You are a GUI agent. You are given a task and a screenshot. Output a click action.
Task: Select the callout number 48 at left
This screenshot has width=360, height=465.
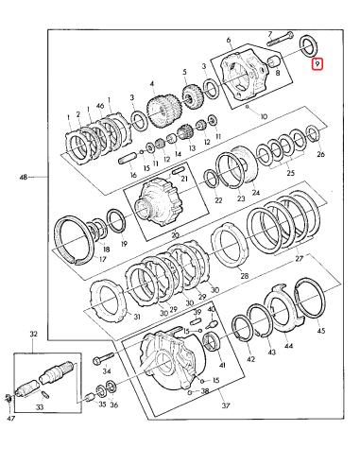tap(22, 177)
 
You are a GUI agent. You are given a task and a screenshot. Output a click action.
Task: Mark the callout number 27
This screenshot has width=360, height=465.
tap(301, 256)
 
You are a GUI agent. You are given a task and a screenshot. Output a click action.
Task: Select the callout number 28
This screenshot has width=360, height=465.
tap(244, 276)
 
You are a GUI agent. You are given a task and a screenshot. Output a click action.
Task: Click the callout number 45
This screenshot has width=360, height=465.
tap(320, 332)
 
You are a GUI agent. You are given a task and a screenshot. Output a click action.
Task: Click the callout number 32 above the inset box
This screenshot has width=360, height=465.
tap(34, 334)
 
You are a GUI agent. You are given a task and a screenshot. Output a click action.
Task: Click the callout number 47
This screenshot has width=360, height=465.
tap(10, 416)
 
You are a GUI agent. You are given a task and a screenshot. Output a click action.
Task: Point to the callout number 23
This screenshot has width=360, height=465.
tap(240, 200)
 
